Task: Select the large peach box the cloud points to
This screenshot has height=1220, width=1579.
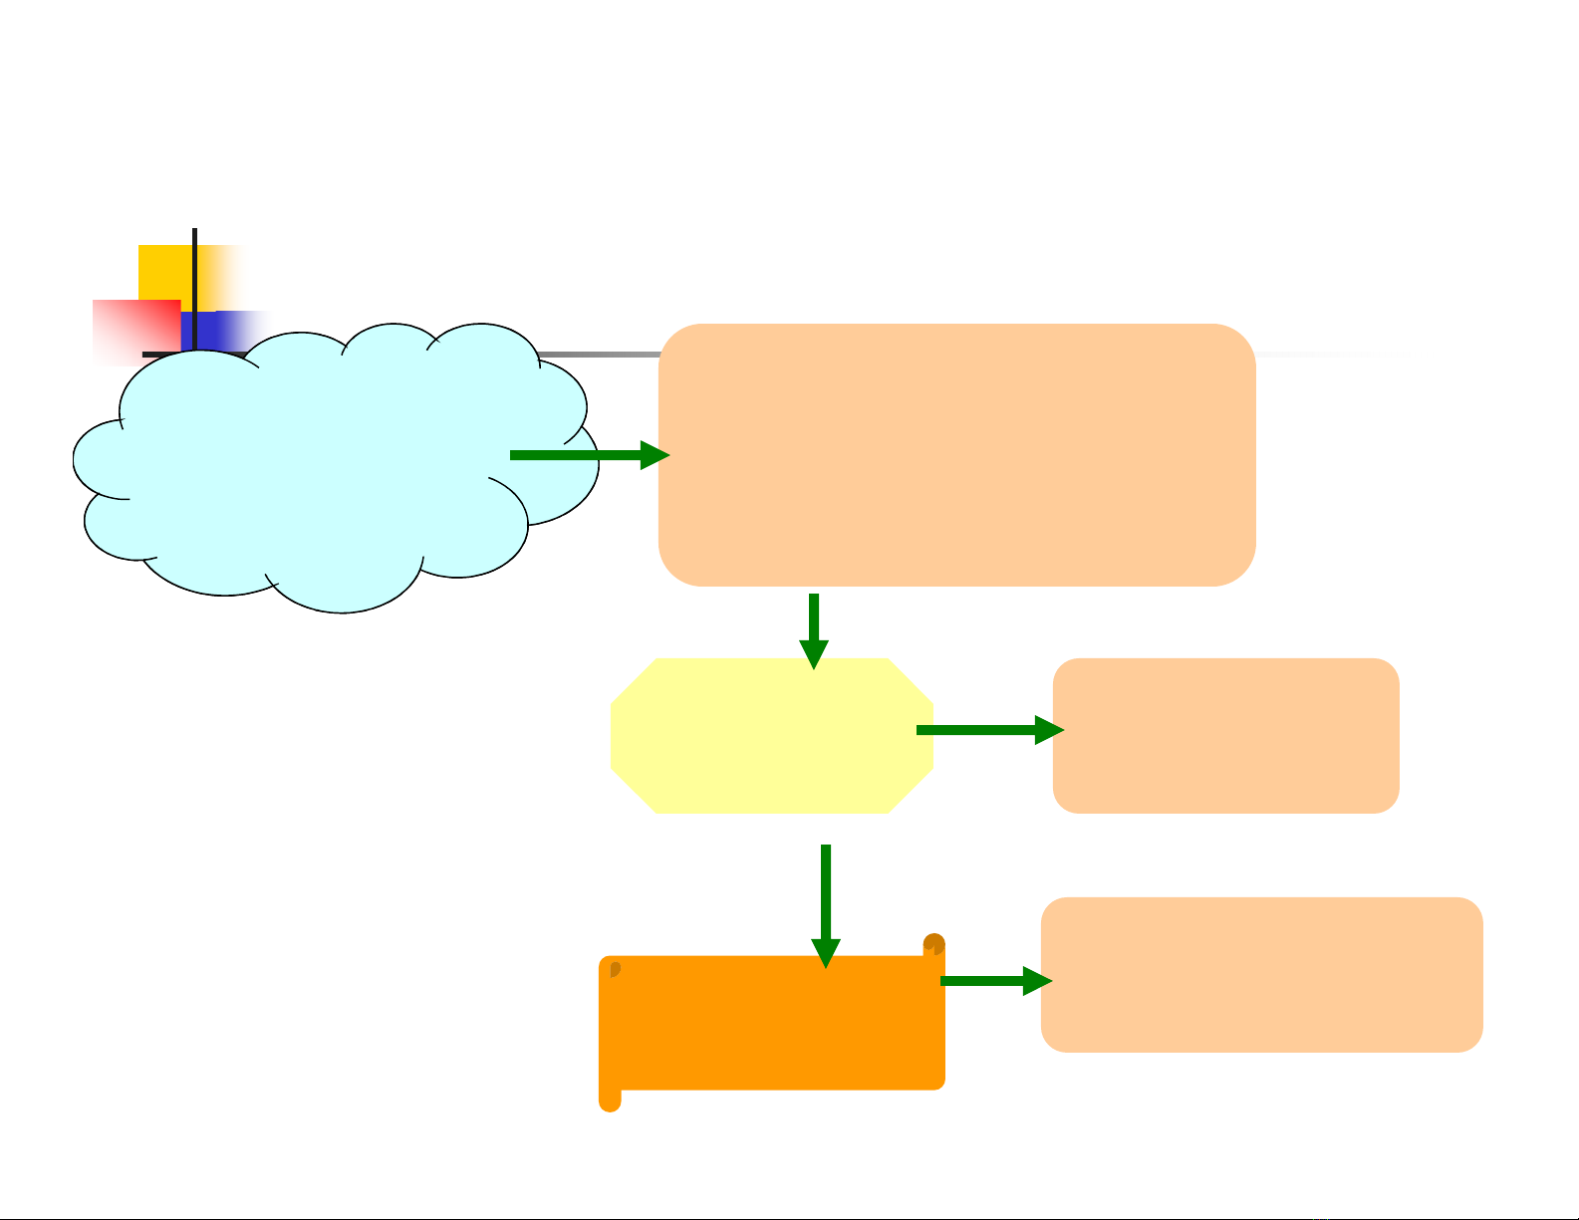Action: click(956, 454)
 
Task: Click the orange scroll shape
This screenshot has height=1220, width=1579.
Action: click(772, 1026)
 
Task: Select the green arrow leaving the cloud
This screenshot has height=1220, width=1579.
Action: click(578, 455)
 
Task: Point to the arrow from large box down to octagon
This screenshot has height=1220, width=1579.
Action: click(814, 627)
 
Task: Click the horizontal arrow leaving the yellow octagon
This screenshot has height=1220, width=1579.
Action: click(986, 730)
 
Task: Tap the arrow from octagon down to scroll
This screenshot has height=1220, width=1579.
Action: click(826, 901)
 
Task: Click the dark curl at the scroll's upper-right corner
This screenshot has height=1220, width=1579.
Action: click(933, 943)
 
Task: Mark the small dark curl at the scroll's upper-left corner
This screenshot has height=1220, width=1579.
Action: click(615, 969)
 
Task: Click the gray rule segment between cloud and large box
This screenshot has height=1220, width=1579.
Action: click(598, 354)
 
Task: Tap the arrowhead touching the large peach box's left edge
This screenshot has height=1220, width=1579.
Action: click(655, 455)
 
